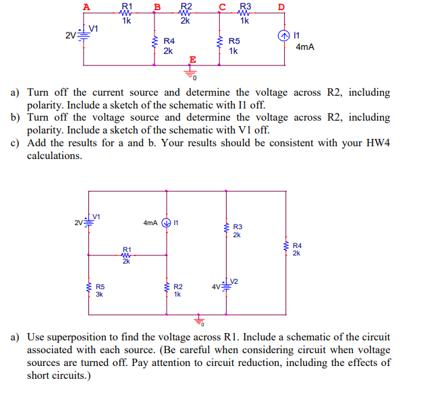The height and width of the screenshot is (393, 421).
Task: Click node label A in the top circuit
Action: (86, 7)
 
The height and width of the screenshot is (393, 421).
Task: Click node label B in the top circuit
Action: (157, 8)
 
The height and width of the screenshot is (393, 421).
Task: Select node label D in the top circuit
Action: (281, 8)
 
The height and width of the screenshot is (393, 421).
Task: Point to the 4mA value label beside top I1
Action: (306, 47)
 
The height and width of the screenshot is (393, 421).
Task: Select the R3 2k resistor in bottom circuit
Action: (227, 230)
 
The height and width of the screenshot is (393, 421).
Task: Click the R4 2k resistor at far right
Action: (286, 249)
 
